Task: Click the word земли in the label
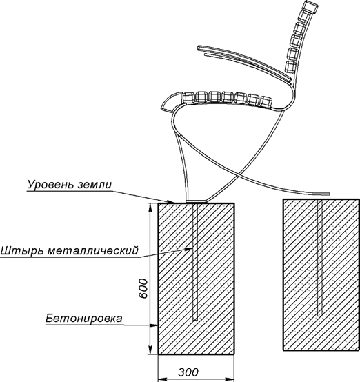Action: pos(95,185)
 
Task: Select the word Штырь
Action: pos(21,251)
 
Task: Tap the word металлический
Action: pos(93,250)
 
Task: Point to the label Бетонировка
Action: pos(83,319)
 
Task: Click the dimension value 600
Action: pos(143,288)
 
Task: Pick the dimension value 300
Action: pos(188,372)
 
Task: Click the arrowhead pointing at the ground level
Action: pos(170,201)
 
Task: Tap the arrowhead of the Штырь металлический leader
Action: pos(189,249)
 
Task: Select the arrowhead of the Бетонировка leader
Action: pos(154,325)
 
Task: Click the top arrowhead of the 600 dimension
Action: pos(150,208)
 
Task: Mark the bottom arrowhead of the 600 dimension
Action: pos(150,350)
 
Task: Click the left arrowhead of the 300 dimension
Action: pos(163,379)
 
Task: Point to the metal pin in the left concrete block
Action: pos(195,261)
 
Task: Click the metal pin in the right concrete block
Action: pos(320,258)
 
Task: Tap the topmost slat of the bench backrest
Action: pos(312,7)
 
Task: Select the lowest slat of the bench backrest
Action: pos(290,67)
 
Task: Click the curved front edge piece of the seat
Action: pos(171,101)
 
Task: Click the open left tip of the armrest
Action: pos(199,48)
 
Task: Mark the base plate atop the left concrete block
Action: pos(197,201)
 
